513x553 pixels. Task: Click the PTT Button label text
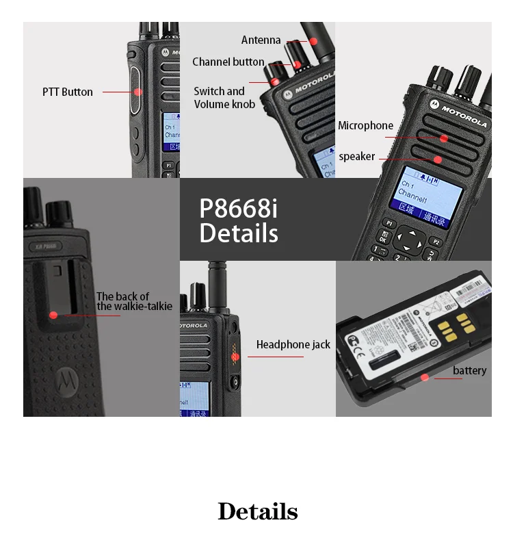(67, 92)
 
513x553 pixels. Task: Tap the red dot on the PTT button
(137, 92)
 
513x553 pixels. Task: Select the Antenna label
(261, 40)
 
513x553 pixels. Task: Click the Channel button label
(228, 62)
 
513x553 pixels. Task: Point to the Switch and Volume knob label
(224, 98)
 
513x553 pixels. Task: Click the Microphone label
(365, 126)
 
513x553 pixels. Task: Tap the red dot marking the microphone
(444, 138)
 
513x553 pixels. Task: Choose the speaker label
(357, 157)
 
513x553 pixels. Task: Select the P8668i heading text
(238, 208)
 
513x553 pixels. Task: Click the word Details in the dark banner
(239, 233)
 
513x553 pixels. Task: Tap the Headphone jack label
(293, 345)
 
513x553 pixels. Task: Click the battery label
(469, 371)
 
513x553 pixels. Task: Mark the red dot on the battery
(425, 377)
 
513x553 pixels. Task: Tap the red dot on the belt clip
(53, 315)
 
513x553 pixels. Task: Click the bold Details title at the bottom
(257, 511)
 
